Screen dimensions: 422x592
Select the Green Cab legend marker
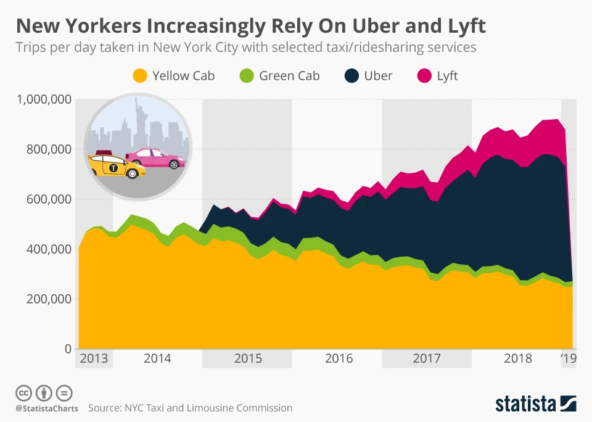[246, 77]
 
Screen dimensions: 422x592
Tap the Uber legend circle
[351, 77]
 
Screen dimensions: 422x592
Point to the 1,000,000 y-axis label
[44, 99]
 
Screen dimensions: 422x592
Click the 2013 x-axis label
[94, 358]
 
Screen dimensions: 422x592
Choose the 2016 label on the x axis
[339, 358]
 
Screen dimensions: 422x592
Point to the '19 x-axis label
[568, 358]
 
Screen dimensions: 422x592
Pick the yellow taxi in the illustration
[115, 165]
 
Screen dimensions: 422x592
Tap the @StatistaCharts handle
[47, 408]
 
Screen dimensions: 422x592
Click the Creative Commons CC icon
[23, 392]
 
